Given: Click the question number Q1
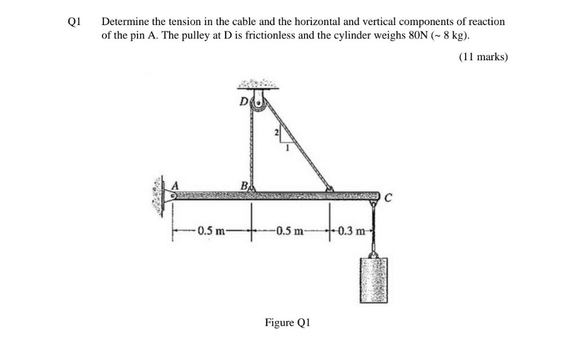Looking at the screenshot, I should pos(74,22).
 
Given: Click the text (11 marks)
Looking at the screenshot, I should pos(483,57).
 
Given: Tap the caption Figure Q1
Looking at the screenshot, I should pos(287,323).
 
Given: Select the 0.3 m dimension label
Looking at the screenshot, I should pos(352,230).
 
